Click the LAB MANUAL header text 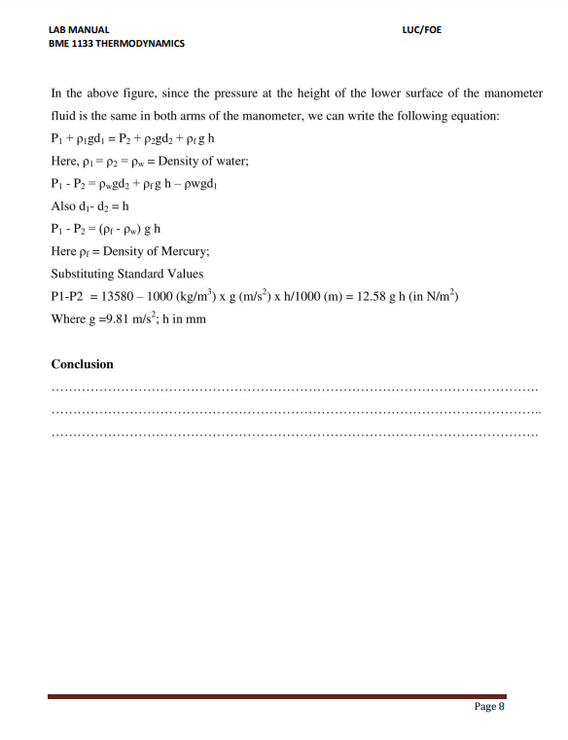pyautogui.click(x=80, y=29)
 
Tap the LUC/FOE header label pyautogui.click(x=421, y=29)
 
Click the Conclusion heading pyautogui.click(x=82, y=364)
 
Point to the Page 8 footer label pyautogui.click(x=489, y=707)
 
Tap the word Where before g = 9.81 pyautogui.click(x=69, y=319)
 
